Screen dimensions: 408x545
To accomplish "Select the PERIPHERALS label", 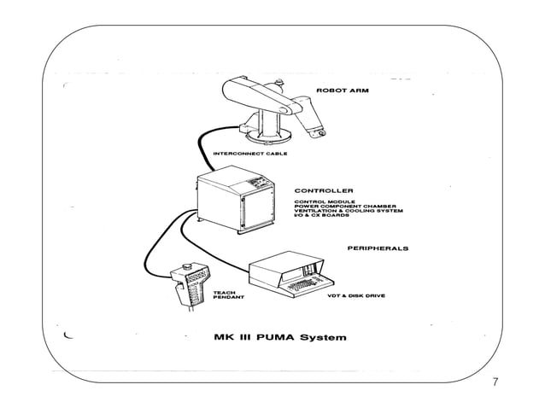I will pyautogui.click(x=377, y=248).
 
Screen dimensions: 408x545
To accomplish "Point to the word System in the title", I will pyautogui.click(x=323, y=336).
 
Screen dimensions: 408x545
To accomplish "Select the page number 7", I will pyautogui.click(x=496, y=382).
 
